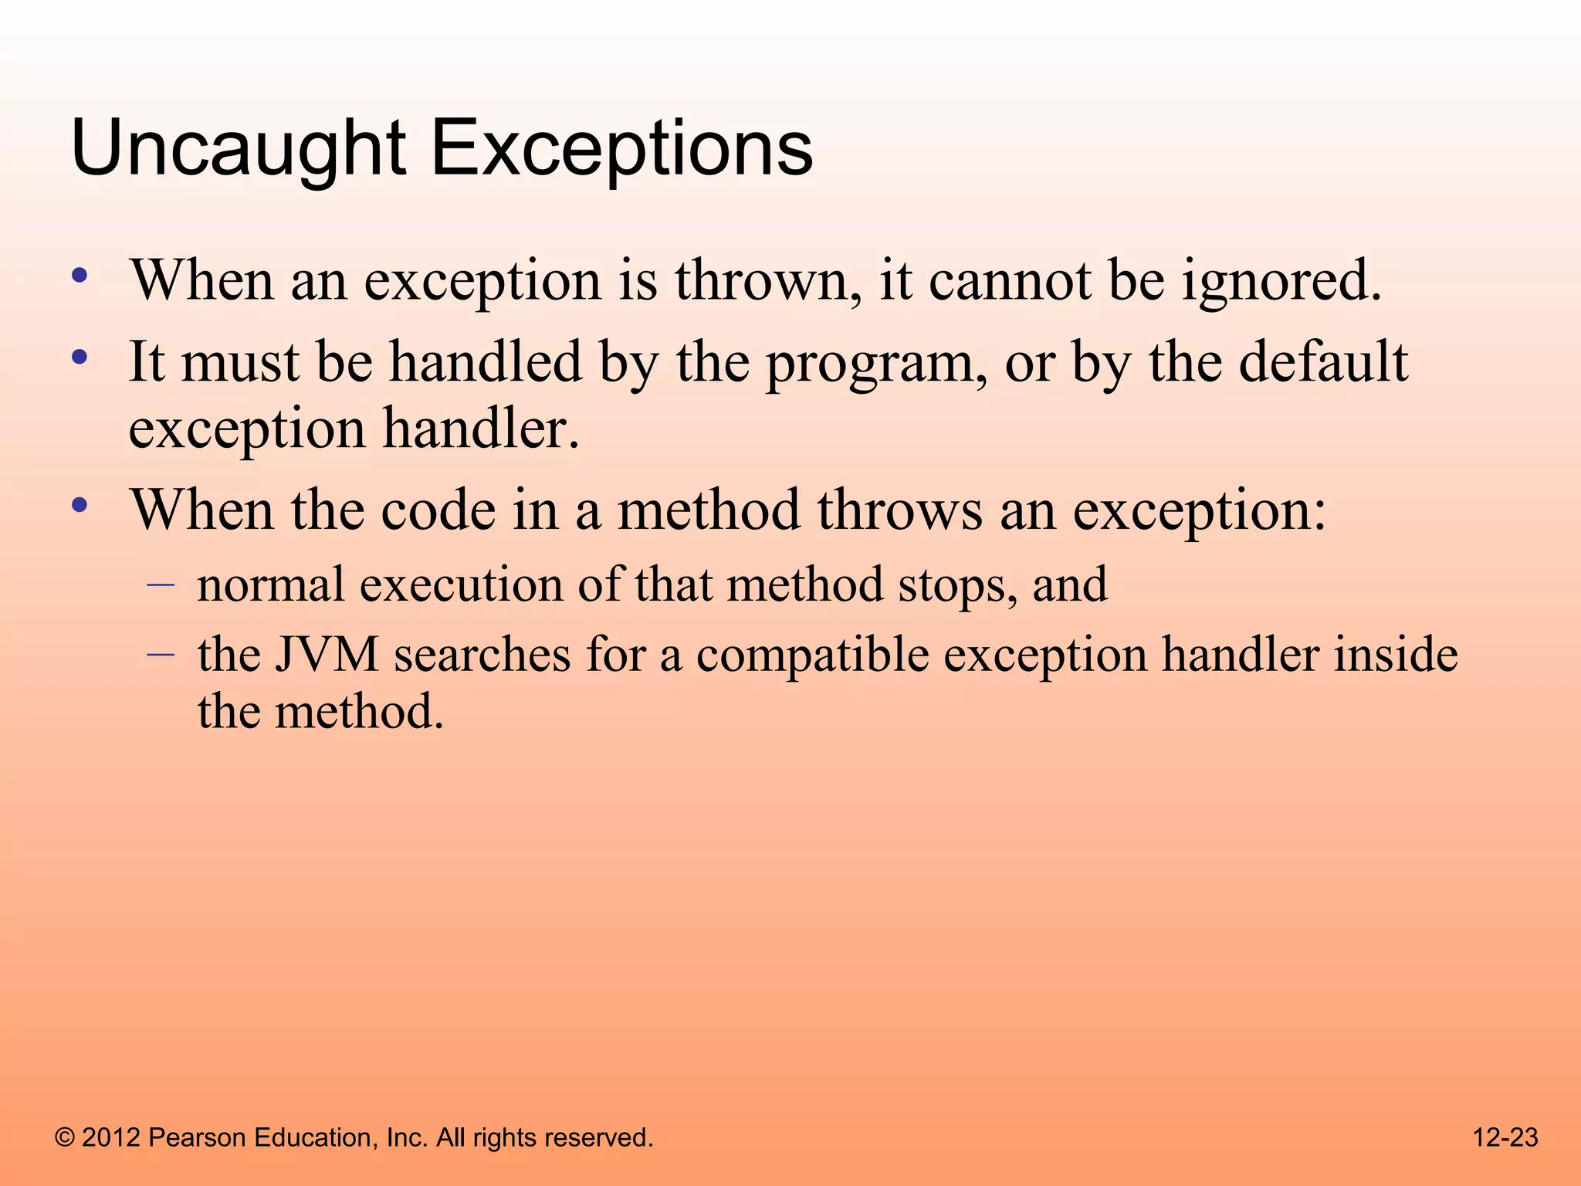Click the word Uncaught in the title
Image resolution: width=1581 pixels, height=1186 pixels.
click(x=238, y=148)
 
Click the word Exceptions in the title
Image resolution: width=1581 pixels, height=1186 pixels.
click(x=621, y=148)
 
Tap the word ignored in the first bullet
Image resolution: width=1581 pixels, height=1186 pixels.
click(x=1281, y=281)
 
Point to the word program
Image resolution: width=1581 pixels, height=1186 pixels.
click(x=876, y=363)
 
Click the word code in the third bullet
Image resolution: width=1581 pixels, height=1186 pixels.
click(x=438, y=511)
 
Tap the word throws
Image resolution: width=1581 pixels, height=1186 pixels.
click(x=900, y=511)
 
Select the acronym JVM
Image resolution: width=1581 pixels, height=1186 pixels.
click(x=327, y=655)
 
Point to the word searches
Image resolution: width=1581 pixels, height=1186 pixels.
click(x=482, y=655)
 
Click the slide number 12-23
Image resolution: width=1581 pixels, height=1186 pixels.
click(x=1505, y=1137)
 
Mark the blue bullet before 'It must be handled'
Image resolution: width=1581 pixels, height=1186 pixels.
click(x=80, y=357)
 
